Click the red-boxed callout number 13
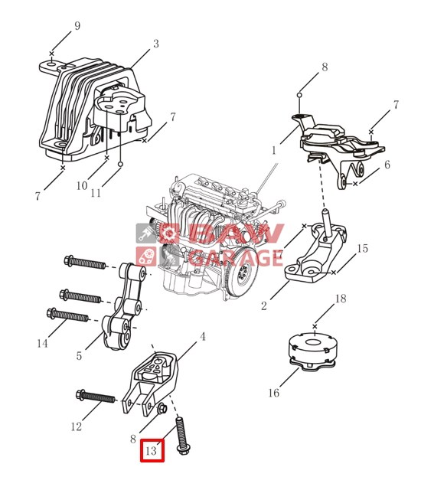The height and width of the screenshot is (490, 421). pos(151,451)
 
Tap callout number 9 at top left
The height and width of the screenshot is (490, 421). pos(77,25)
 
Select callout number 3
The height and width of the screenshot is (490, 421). pos(156,44)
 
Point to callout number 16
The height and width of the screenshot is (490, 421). pos(274,393)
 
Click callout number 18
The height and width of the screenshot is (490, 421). pos(341,299)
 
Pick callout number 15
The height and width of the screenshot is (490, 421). pos(363,249)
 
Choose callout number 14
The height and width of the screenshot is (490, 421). pos(42,344)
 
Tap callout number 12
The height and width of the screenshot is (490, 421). pos(77,426)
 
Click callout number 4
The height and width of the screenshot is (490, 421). pos(203,337)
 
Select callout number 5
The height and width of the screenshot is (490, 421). pos(79,355)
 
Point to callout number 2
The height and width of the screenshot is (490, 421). pos(264,306)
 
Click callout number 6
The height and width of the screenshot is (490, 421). pos(387,165)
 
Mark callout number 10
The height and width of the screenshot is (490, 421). pos(82,185)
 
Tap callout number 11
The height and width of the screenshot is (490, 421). pos(96,193)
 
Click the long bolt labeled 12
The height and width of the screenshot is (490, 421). pos(95,397)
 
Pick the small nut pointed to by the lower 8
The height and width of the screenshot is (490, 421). pos(162,408)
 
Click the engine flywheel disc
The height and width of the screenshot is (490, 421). pos(242,272)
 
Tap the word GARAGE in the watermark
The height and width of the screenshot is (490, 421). pos(236,257)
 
